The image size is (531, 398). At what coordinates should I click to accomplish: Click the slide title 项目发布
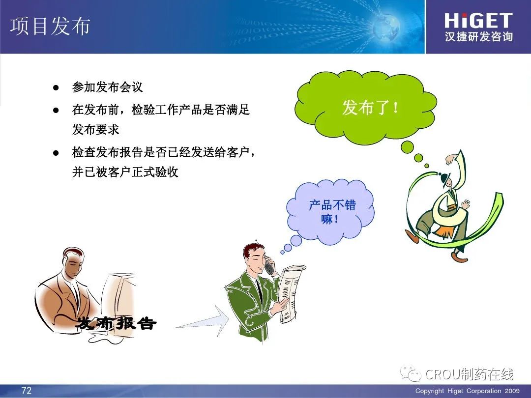(50, 26)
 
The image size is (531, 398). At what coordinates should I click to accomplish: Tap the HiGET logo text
(478, 21)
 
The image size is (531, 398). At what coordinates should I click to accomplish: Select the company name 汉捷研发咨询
(478, 36)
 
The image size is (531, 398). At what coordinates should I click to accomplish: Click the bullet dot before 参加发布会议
(56, 87)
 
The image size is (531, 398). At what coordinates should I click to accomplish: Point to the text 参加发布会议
(107, 87)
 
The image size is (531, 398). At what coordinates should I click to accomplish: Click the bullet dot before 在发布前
(56, 110)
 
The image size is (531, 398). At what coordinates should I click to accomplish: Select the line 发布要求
(95, 129)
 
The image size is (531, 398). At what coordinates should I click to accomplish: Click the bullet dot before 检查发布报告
(56, 153)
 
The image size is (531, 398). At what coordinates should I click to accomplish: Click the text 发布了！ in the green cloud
(370, 108)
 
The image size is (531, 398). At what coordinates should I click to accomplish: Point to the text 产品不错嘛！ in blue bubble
(332, 212)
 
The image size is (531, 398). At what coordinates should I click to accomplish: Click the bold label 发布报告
(115, 323)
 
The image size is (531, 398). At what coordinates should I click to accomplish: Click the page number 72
(27, 391)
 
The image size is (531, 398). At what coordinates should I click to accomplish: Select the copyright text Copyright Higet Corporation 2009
(468, 391)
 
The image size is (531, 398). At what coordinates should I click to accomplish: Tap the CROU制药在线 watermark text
(469, 374)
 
